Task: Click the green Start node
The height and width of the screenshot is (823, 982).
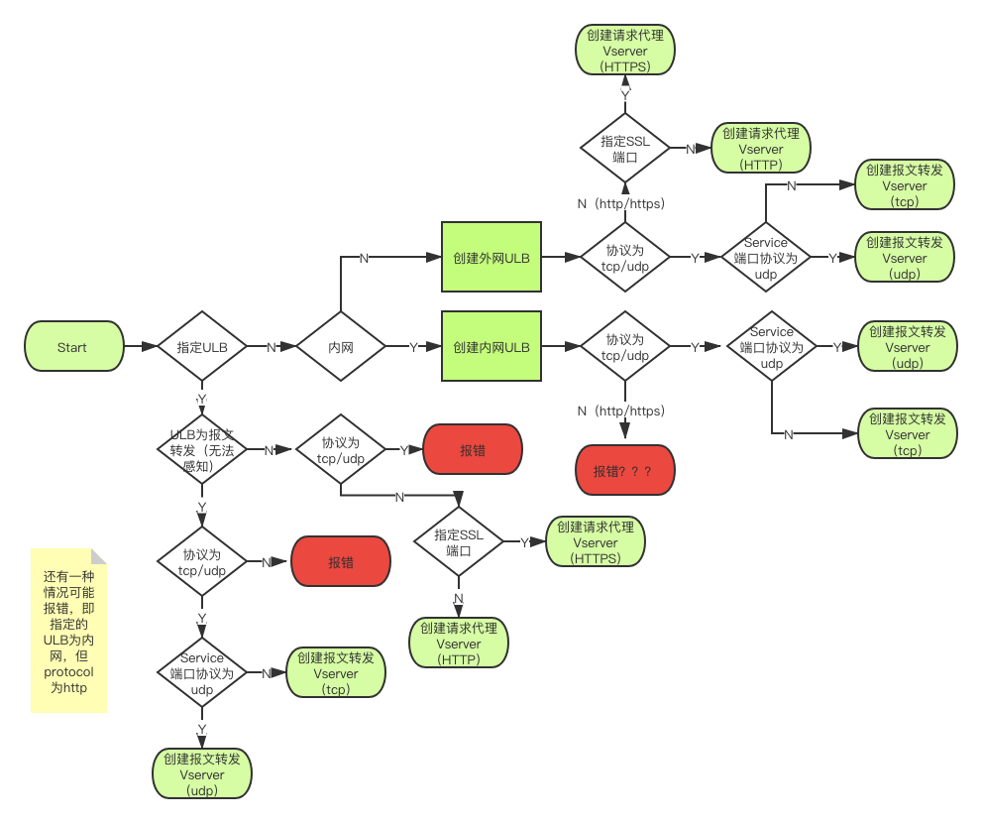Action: [x=73, y=347]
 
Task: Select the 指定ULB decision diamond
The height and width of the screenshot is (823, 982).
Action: [x=202, y=347]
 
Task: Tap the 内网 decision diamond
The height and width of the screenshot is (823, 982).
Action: [x=341, y=347]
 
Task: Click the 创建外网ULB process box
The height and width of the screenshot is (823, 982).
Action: [x=491, y=258]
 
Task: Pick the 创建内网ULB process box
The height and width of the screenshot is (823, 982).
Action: [x=491, y=347]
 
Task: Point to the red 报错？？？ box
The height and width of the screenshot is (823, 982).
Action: [x=624, y=471]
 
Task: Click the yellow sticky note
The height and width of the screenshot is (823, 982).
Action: [x=67, y=631]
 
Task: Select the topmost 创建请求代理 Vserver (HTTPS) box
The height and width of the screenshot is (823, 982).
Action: [x=625, y=51]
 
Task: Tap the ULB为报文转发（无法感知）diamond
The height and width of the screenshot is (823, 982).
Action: [x=202, y=449]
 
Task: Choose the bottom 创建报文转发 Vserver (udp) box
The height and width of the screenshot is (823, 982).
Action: [x=202, y=774]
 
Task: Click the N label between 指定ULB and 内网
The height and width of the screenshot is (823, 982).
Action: [x=271, y=347]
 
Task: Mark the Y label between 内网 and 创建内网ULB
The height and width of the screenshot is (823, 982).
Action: [x=412, y=347]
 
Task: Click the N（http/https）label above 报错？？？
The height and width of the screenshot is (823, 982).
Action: [x=624, y=411]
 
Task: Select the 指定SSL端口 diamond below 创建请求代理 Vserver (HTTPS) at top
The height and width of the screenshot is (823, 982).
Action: [x=625, y=149]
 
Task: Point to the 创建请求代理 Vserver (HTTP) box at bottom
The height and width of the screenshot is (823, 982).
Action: [x=459, y=644]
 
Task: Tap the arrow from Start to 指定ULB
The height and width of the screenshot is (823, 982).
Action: [x=141, y=347]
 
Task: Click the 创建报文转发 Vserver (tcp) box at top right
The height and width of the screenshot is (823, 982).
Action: [x=905, y=185]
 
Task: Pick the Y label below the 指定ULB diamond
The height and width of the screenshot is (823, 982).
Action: [x=202, y=398]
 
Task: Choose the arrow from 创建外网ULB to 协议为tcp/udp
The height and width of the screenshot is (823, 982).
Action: [x=562, y=258]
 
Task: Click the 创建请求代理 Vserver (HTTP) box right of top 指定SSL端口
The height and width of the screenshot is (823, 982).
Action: [x=761, y=149]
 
